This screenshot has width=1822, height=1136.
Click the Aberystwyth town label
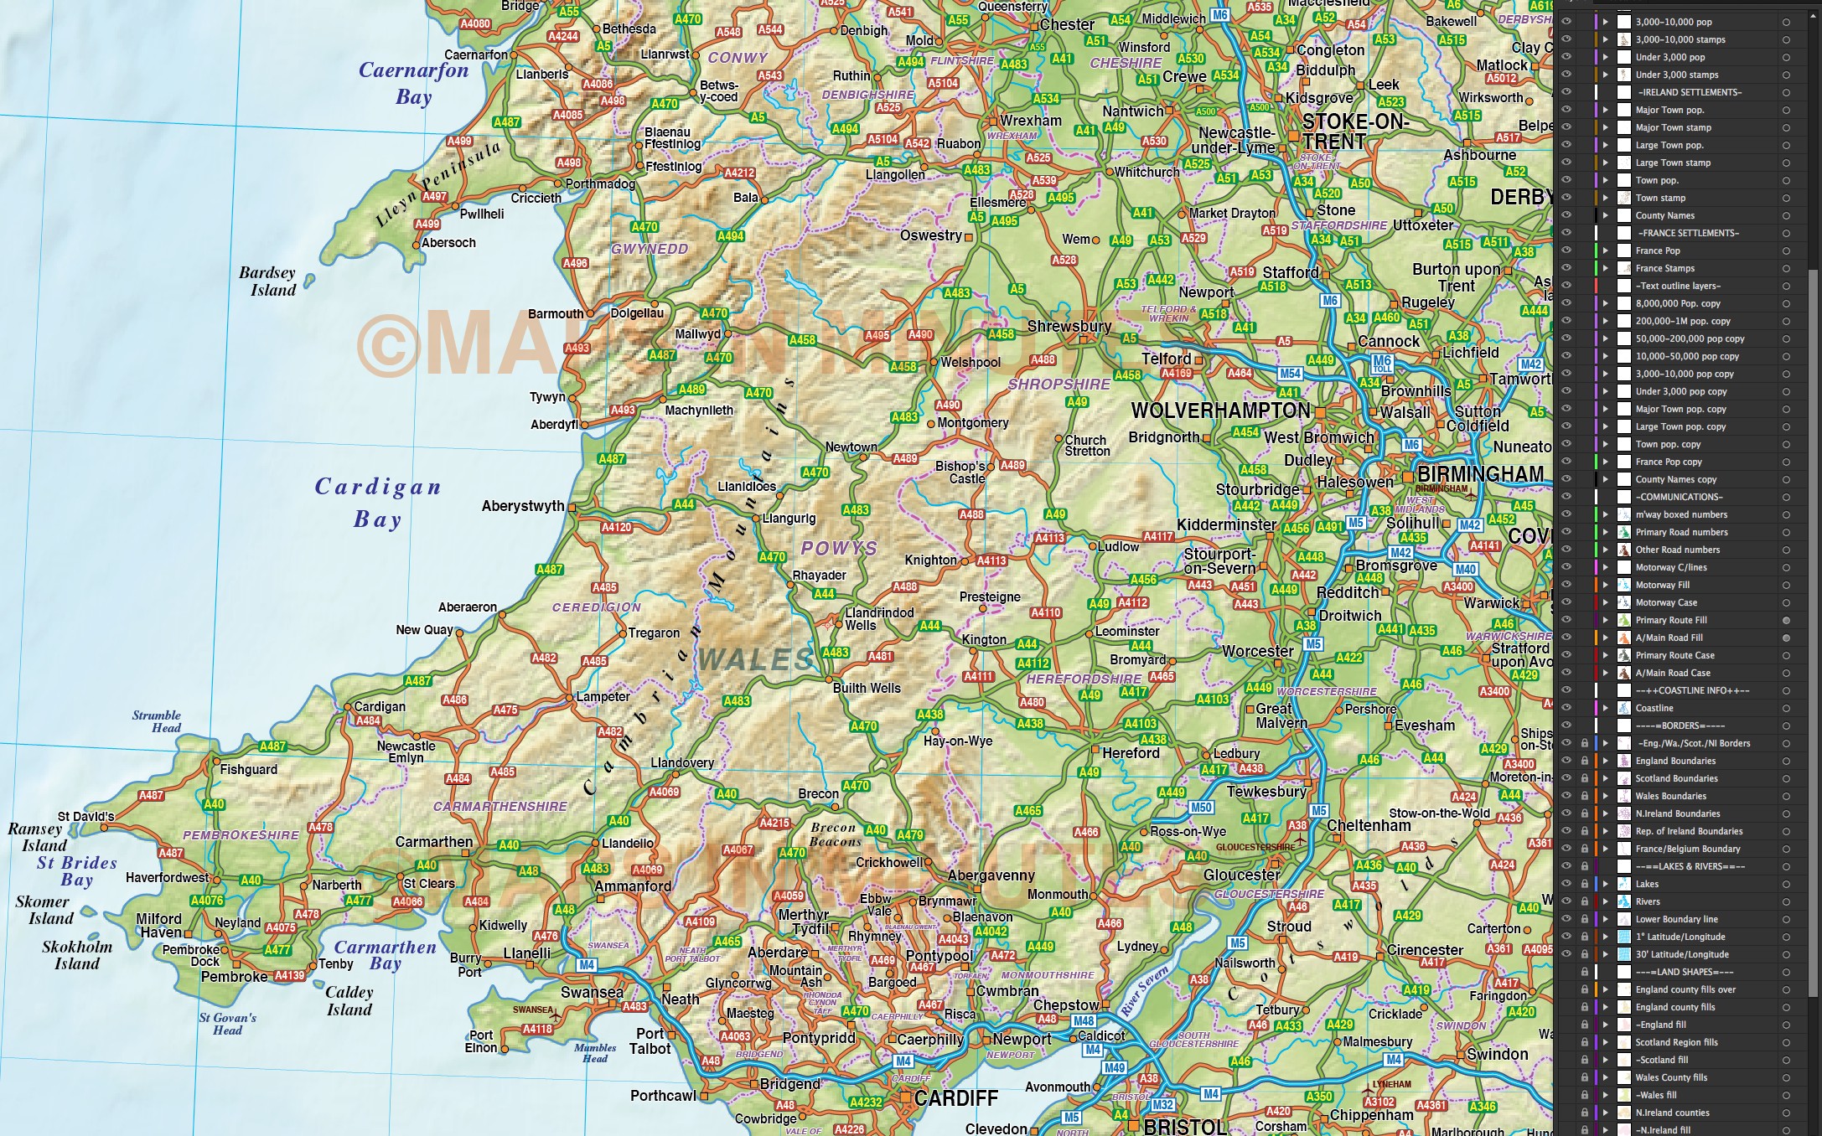(x=522, y=506)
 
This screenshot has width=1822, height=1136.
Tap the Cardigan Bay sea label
(x=378, y=503)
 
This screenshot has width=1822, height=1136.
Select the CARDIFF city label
(x=955, y=1098)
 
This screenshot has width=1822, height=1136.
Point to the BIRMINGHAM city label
(x=1480, y=474)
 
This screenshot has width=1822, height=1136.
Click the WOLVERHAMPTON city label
(x=1220, y=411)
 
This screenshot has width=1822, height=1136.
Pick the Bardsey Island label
(x=267, y=281)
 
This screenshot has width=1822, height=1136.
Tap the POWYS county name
(x=838, y=548)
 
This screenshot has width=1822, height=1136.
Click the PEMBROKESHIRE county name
(x=241, y=835)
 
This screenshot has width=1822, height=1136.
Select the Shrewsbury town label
(x=1069, y=326)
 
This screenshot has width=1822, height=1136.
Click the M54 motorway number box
(x=1290, y=374)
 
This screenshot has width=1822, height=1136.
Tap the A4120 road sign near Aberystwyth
(x=616, y=528)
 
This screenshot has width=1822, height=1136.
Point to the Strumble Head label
(x=157, y=721)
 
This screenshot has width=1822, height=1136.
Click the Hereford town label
(x=1131, y=753)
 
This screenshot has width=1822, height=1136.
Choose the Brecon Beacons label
(x=834, y=834)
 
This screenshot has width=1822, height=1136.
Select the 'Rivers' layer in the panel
(x=1647, y=901)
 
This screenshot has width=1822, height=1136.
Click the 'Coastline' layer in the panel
(x=1654, y=708)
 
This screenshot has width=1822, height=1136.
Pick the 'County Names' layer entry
(x=1664, y=215)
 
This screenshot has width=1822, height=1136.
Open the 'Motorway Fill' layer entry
(x=1662, y=585)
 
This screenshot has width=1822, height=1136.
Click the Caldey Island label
(x=349, y=1001)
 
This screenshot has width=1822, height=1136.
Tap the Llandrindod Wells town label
(x=878, y=619)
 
